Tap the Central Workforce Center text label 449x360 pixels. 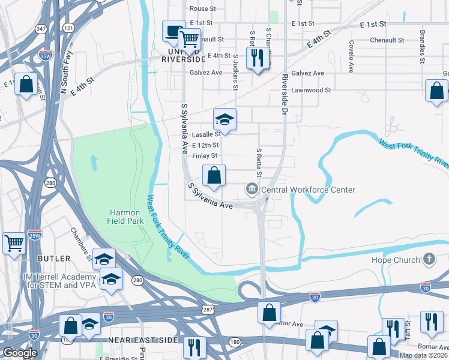pos(308,190)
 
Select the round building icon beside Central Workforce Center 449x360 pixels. pos(252,190)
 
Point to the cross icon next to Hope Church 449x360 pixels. pos(429,259)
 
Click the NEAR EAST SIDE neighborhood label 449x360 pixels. pos(143,340)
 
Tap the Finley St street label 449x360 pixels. pos(205,156)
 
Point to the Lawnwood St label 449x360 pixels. pos(311,90)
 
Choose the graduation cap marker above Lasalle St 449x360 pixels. pos(224,119)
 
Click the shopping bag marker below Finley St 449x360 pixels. pos(214,176)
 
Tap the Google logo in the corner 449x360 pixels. pos(20,353)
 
